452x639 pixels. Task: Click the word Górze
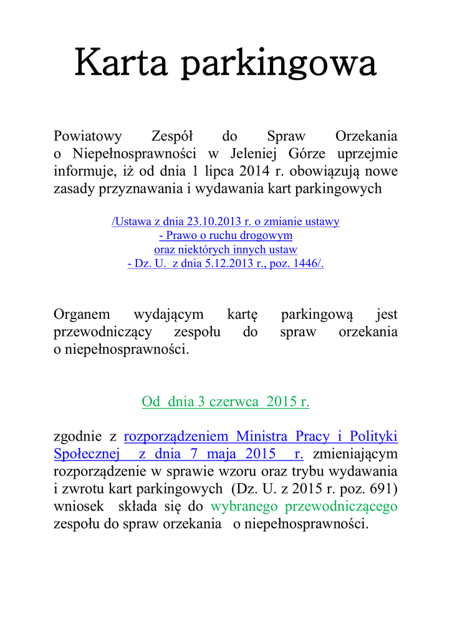click(308, 154)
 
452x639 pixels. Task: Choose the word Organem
click(82, 315)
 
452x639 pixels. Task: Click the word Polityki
click(373, 436)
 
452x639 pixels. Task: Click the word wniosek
click(79, 506)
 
